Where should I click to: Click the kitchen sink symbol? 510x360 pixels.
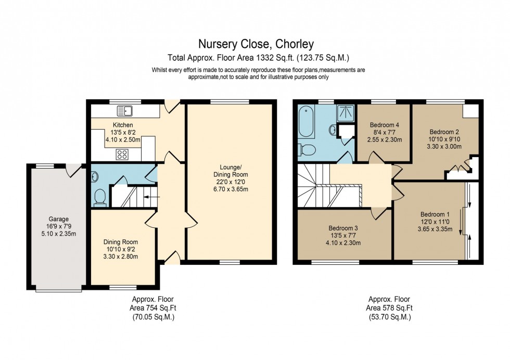[x=125, y=110]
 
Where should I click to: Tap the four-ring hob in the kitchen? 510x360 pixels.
[x=123, y=153]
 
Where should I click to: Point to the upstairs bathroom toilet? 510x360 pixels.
[x=308, y=150]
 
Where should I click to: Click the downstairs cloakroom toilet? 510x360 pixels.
[x=100, y=197]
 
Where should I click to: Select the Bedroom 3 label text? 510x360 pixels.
[x=343, y=228]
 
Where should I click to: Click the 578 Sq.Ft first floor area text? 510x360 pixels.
[x=389, y=307]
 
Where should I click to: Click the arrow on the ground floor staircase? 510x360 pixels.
[x=149, y=197]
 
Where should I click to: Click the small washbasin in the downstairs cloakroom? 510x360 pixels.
[x=94, y=176]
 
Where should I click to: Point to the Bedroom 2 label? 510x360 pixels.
[x=444, y=132]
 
